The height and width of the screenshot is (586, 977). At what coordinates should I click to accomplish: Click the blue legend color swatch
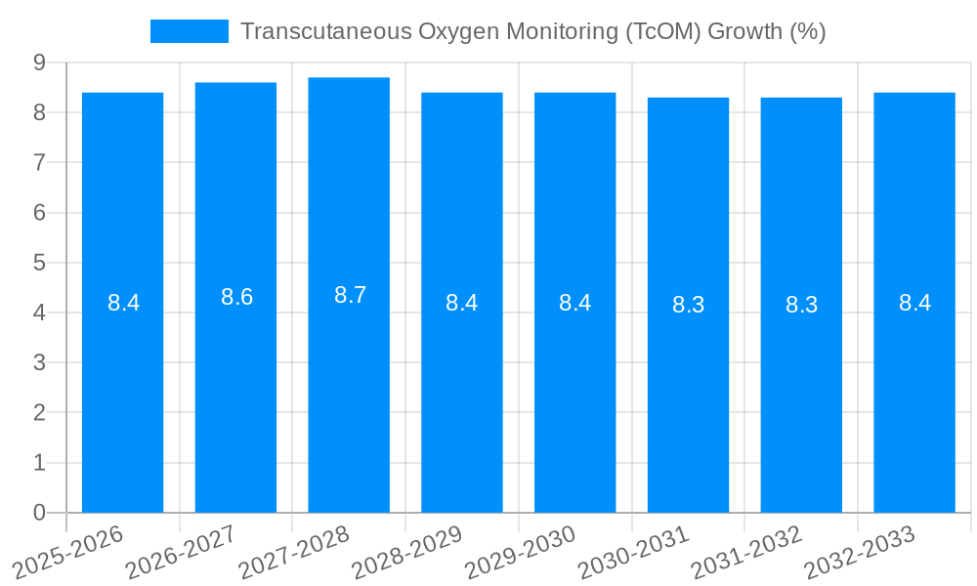tap(189, 31)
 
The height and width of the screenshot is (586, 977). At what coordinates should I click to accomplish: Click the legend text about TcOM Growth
tap(532, 31)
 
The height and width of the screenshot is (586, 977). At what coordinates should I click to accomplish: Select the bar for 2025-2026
tap(122, 302)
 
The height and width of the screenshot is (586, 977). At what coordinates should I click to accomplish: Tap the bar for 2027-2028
tap(349, 294)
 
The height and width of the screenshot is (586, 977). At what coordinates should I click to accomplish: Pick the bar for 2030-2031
tap(688, 305)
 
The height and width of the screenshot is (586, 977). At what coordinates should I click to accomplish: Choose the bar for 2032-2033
tap(914, 302)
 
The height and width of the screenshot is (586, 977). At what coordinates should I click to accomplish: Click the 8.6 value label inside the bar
tap(236, 298)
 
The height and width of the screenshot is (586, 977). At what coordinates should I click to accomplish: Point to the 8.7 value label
tap(350, 295)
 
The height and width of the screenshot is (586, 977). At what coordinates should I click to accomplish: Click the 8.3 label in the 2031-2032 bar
tap(801, 305)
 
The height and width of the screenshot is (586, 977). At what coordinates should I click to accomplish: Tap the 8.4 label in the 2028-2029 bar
tap(461, 303)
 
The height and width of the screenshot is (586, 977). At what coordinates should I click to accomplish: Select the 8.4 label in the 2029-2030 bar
tap(574, 303)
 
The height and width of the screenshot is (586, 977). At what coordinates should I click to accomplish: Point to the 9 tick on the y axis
tap(39, 63)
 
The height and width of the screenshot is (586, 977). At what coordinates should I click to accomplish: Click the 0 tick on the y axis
tap(39, 513)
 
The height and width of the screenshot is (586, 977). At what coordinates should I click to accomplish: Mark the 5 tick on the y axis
tap(39, 263)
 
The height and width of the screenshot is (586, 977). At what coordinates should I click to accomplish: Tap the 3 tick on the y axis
tap(39, 362)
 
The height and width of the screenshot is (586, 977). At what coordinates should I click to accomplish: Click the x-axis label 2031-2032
tap(747, 551)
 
